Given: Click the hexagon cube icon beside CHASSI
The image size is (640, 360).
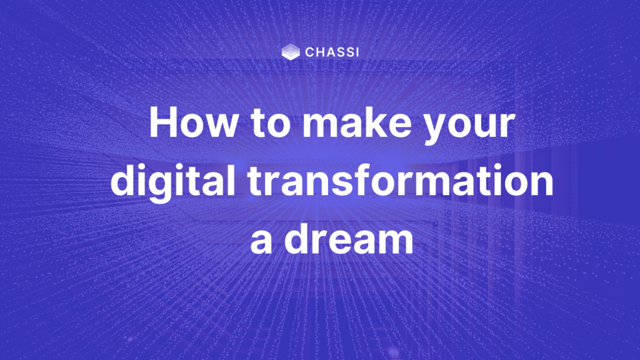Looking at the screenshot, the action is click(x=291, y=52).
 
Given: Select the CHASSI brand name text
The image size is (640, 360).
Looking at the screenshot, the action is click(x=332, y=52).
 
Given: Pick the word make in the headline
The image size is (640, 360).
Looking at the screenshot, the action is click(x=357, y=122).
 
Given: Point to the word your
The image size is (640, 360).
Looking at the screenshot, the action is click(x=469, y=127).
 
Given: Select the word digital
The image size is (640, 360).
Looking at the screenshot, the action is click(x=172, y=182).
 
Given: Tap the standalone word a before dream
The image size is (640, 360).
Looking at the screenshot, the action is click(x=261, y=242).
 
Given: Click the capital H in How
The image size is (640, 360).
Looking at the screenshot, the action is click(x=163, y=122).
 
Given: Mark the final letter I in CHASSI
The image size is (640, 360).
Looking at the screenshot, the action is click(x=357, y=52).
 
